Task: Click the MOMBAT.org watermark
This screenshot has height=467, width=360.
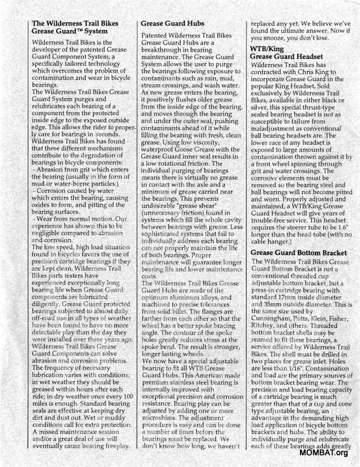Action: click(324, 452)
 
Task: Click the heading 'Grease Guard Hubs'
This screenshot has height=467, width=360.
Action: click(172, 25)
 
